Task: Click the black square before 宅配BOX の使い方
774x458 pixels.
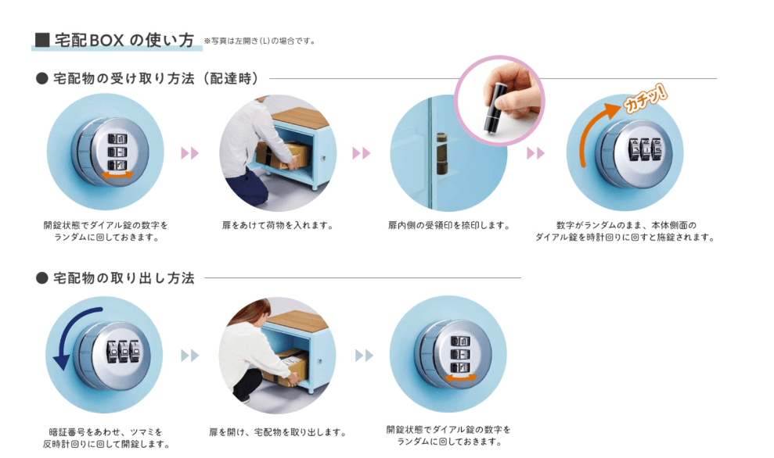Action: click(42, 40)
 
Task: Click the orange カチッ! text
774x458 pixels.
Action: click(645, 98)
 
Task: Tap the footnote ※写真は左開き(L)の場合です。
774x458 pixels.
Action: click(260, 41)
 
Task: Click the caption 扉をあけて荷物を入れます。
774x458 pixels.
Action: click(278, 226)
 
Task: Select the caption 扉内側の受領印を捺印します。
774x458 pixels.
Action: click(448, 226)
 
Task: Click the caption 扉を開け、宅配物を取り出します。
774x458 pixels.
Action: click(277, 432)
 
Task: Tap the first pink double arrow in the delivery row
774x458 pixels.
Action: click(189, 153)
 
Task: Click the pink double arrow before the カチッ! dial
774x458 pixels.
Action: click(535, 153)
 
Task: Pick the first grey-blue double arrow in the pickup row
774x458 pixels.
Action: click(189, 355)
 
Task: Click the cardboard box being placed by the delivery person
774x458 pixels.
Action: click(283, 156)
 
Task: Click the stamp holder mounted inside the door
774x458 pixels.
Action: click(442, 153)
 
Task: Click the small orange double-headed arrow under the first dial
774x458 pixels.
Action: click(117, 175)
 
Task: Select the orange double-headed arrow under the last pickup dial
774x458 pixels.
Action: click(460, 378)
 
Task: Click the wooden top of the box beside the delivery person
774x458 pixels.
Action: click(301, 116)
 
